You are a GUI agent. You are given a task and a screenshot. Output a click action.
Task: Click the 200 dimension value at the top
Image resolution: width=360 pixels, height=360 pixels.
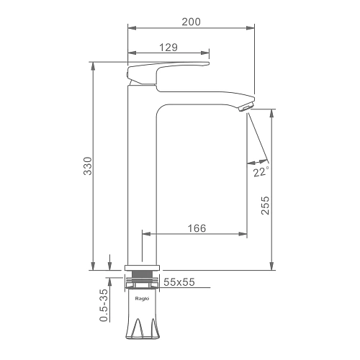[191, 22]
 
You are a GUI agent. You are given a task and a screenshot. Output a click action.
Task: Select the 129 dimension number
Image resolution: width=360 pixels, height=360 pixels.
[168, 48]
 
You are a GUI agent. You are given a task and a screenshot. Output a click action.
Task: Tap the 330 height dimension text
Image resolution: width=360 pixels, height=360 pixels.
[88, 166]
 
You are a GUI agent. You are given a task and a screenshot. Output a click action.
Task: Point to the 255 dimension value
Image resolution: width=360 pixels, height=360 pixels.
[265, 205]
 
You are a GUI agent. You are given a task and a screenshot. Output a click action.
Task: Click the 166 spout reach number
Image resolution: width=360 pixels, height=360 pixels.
[197, 228]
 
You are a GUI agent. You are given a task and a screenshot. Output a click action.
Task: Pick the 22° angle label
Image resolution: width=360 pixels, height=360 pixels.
[261, 172]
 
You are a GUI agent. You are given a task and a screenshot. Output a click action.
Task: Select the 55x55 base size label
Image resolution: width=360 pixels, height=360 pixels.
[179, 282]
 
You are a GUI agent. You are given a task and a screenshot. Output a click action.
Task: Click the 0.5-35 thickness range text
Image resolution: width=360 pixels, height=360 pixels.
[104, 305]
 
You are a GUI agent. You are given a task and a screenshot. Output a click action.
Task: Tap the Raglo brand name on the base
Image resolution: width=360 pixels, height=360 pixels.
[142, 299]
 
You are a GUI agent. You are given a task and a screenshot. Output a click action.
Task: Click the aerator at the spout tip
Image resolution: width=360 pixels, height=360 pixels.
[246, 107]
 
